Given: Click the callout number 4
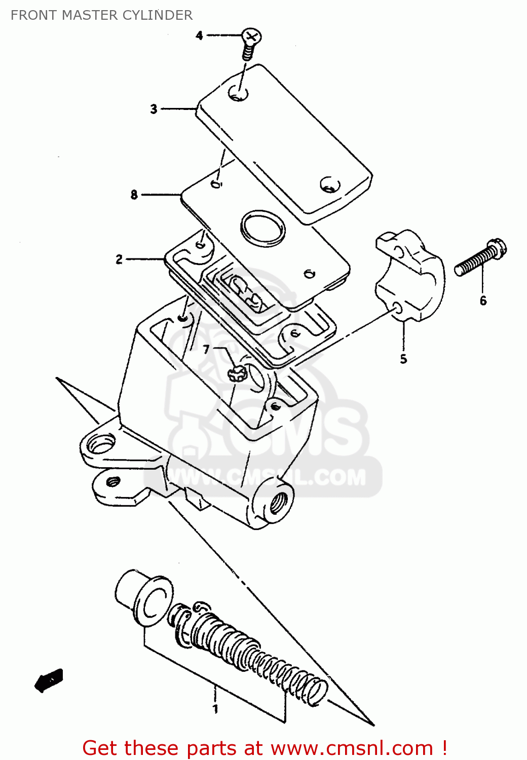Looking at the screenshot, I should click(199, 35).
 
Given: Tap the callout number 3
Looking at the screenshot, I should click(154, 109).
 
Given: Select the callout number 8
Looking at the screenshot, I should click(134, 195).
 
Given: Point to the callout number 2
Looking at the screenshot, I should click(119, 259).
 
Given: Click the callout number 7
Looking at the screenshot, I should click(206, 350).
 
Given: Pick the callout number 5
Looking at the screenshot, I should click(403, 359).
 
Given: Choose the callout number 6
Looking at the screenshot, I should click(483, 300).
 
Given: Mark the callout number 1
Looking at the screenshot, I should click(215, 708).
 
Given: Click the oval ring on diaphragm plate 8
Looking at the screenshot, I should click(263, 228).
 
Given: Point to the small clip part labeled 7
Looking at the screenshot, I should click(236, 374).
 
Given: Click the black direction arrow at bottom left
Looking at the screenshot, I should click(49, 680).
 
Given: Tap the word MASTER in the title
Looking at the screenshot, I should click(90, 15).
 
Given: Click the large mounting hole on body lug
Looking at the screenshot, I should click(100, 446).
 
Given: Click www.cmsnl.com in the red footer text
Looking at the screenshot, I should click(352, 748).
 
